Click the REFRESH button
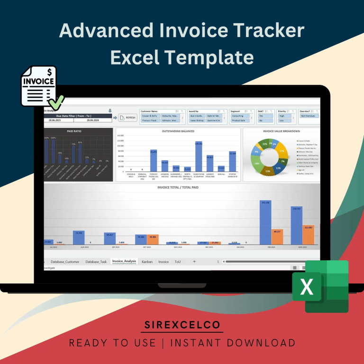pyautogui.click(x=127, y=118)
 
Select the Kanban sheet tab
pyautogui.click(x=147, y=261)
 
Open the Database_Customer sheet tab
pyautogui.click(x=65, y=261)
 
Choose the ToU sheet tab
pyautogui.click(x=177, y=261)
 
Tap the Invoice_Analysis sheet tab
pyautogui.click(x=124, y=261)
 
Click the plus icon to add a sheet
pyautogui.click(x=194, y=261)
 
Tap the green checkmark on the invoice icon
pyautogui.click(x=56, y=101)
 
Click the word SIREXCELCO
pyautogui.click(x=182, y=325)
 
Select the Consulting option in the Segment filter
pyautogui.click(x=238, y=116)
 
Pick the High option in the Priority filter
pyautogui.click(x=282, y=116)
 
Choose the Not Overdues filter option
pyautogui.click(x=309, y=116)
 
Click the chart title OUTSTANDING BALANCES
pyautogui.click(x=178, y=131)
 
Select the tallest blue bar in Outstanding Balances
pyautogui.click(x=199, y=156)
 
